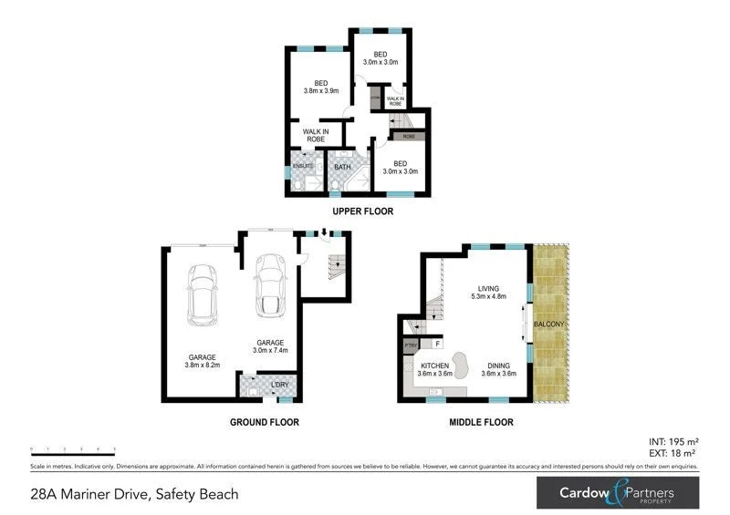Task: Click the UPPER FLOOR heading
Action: click(362, 211)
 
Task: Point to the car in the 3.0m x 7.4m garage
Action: click(270, 283)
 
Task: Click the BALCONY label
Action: click(550, 324)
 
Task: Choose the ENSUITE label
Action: click(302, 166)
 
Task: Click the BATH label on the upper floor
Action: click(342, 167)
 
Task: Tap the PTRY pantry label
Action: click(410, 346)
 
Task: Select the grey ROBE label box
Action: click(408, 136)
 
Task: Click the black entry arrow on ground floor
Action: click(323, 232)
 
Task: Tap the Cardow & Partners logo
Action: click(617, 493)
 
